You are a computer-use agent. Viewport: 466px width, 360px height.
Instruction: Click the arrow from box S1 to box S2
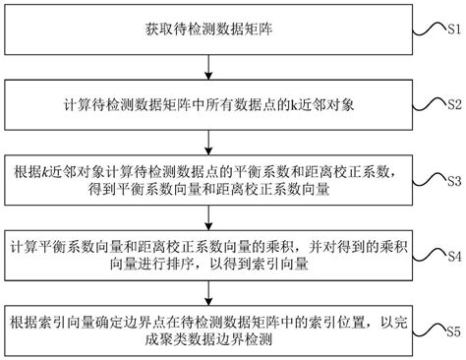pyautogui.click(x=207, y=69)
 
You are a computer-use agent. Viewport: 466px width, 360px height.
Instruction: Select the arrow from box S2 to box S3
pyautogui.click(x=207, y=141)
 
